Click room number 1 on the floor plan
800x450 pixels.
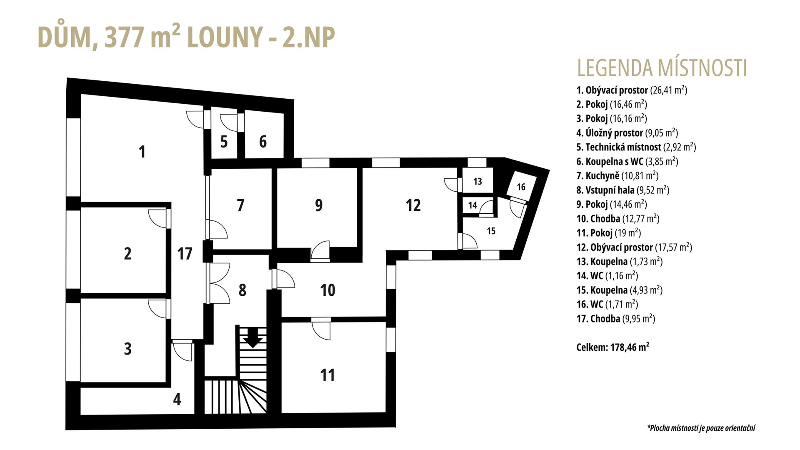[142, 152]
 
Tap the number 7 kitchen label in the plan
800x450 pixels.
[240, 205]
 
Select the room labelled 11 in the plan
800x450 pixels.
[327, 375]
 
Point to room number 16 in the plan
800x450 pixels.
[521, 187]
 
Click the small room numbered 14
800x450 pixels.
[472, 205]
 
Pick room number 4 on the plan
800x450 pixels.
[177, 399]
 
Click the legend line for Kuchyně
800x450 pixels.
[617, 176]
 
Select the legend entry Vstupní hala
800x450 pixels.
[623, 190]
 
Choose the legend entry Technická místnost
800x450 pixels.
[636, 147]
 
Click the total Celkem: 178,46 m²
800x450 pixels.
[613, 347]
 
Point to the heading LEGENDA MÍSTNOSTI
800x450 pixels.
[662, 68]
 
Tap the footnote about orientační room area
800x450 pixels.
[701, 428]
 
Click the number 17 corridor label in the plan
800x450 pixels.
[185, 253]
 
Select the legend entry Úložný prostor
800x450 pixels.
[627, 133]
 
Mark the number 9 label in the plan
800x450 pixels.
[319, 205]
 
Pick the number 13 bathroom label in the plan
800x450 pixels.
[477, 181]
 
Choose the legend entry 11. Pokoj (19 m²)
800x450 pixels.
[609, 233]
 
